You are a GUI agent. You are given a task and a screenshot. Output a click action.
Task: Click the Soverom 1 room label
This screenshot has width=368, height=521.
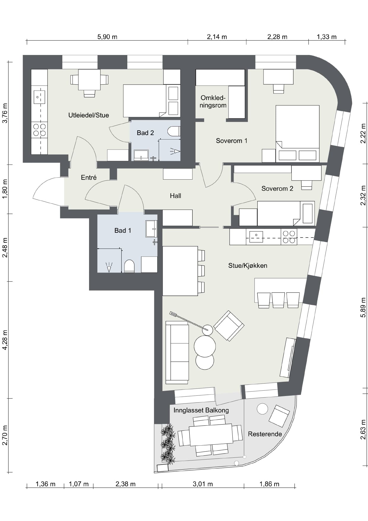click(231, 141)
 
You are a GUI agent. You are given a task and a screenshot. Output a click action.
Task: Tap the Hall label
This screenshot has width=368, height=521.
click(175, 196)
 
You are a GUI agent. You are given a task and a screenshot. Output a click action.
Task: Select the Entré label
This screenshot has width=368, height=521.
click(89, 177)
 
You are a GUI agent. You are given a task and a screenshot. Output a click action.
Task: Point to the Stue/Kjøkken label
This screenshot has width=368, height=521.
click(248, 265)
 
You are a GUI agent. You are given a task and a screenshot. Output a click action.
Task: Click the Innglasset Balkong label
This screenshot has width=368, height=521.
click(201, 410)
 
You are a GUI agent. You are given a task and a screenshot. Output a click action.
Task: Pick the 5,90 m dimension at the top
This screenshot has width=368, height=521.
click(107, 37)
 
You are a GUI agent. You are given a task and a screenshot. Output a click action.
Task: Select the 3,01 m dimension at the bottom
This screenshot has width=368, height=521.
click(203, 484)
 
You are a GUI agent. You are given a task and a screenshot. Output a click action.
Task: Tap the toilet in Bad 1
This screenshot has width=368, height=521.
click(129, 266)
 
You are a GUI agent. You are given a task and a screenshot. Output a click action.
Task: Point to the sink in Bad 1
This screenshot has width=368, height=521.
click(151, 229)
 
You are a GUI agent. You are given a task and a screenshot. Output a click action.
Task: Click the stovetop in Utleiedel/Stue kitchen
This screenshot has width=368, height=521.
click(39, 130)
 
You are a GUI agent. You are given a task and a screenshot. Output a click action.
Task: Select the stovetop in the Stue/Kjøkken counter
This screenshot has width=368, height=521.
click(289, 237)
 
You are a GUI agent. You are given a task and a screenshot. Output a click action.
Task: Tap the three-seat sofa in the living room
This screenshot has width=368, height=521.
click(177, 352)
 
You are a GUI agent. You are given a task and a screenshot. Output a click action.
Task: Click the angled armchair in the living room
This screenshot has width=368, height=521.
click(229, 326)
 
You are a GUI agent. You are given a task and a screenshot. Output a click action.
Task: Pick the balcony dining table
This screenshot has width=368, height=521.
click(211, 434)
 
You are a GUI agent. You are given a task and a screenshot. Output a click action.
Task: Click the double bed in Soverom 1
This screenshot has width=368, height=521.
click(297, 134)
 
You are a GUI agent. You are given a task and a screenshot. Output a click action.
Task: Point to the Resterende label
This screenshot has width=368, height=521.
click(265, 434)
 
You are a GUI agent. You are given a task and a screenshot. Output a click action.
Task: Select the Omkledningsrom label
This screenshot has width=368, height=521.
click(213, 102)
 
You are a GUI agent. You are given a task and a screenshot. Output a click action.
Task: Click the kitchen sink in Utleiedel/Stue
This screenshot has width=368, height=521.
click(39, 97)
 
